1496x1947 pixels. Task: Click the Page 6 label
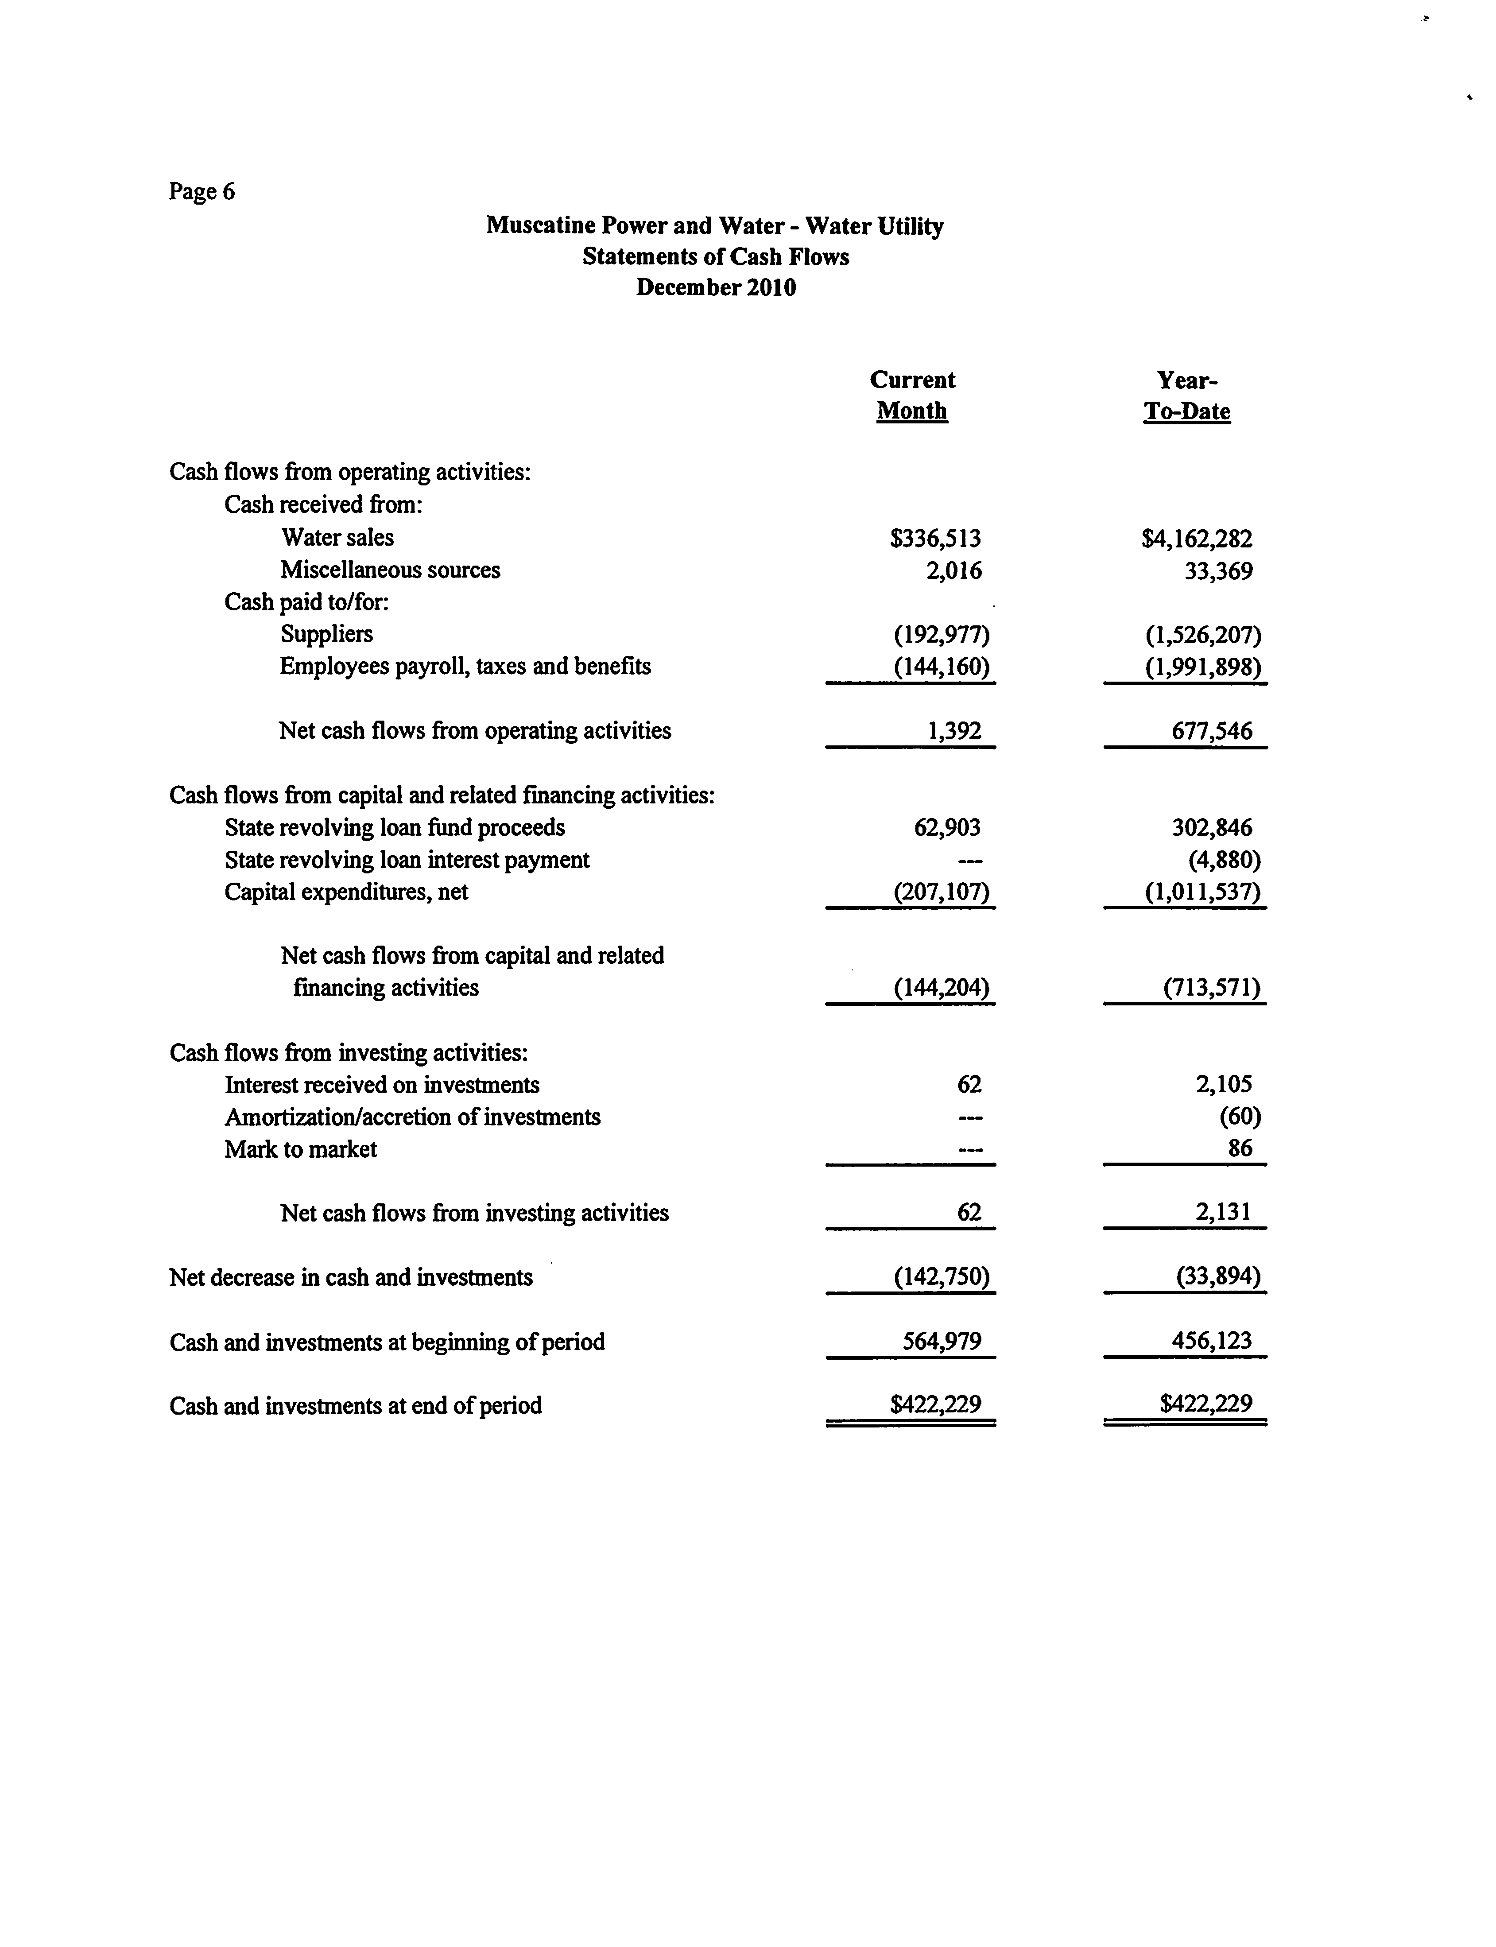(x=202, y=191)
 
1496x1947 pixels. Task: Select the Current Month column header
(x=912, y=396)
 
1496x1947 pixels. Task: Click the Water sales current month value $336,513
(x=935, y=538)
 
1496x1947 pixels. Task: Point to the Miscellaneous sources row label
(x=390, y=570)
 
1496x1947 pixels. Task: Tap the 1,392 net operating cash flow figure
(x=953, y=731)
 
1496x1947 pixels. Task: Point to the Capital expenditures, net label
(x=346, y=892)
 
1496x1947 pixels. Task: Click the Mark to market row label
(x=301, y=1149)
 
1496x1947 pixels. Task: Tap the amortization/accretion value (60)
(x=1240, y=1117)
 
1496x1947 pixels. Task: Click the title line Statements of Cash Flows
(x=716, y=256)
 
